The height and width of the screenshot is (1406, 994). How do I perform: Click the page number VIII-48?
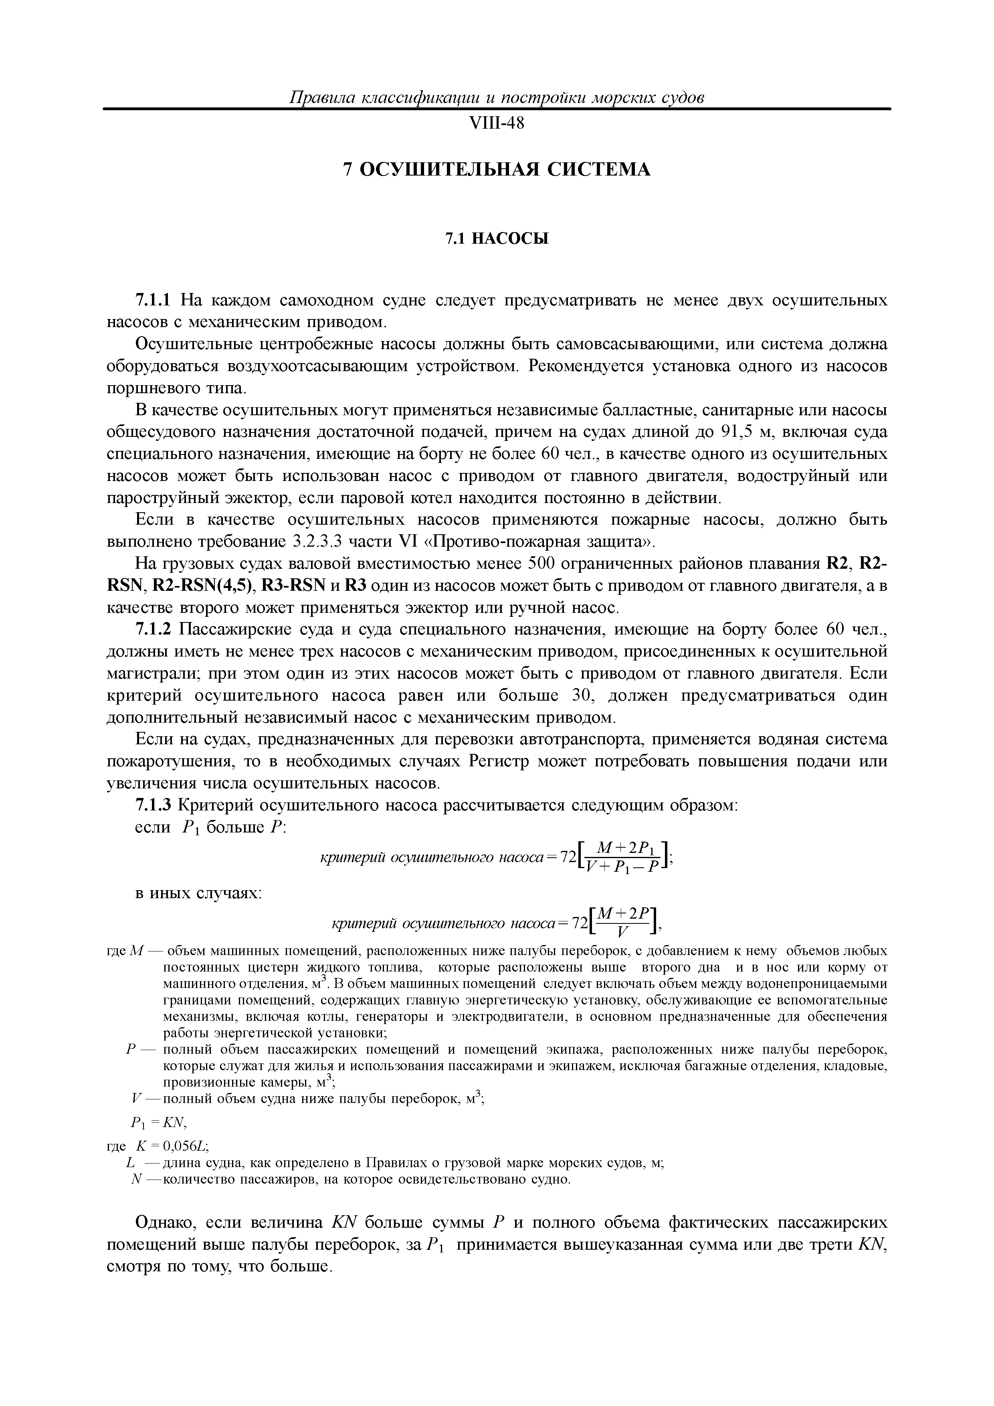[496, 123]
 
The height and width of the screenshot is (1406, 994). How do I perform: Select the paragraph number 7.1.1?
[154, 301]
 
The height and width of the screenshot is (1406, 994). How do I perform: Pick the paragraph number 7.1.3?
[154, 805]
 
